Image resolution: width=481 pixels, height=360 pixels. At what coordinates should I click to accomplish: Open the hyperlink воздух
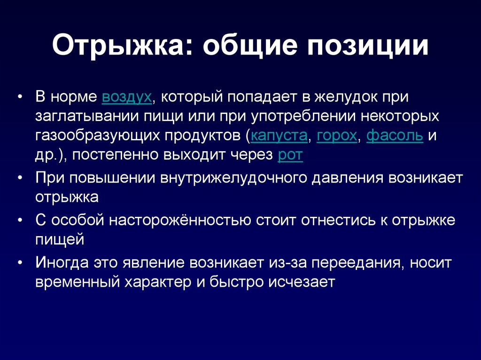(127, 97)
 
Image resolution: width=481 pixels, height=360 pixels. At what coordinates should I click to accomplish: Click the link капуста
(279, 136)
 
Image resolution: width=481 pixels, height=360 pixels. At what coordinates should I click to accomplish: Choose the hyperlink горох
(337, 136)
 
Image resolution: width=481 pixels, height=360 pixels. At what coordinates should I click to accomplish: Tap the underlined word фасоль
(395, 135)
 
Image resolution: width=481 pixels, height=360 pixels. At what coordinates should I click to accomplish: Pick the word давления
(348, 178)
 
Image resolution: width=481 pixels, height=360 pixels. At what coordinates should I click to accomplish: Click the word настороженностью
(180, 220)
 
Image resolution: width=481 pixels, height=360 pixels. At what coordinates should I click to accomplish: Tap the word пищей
(60, 240)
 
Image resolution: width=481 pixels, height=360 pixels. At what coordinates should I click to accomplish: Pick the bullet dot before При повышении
(20, 178)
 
